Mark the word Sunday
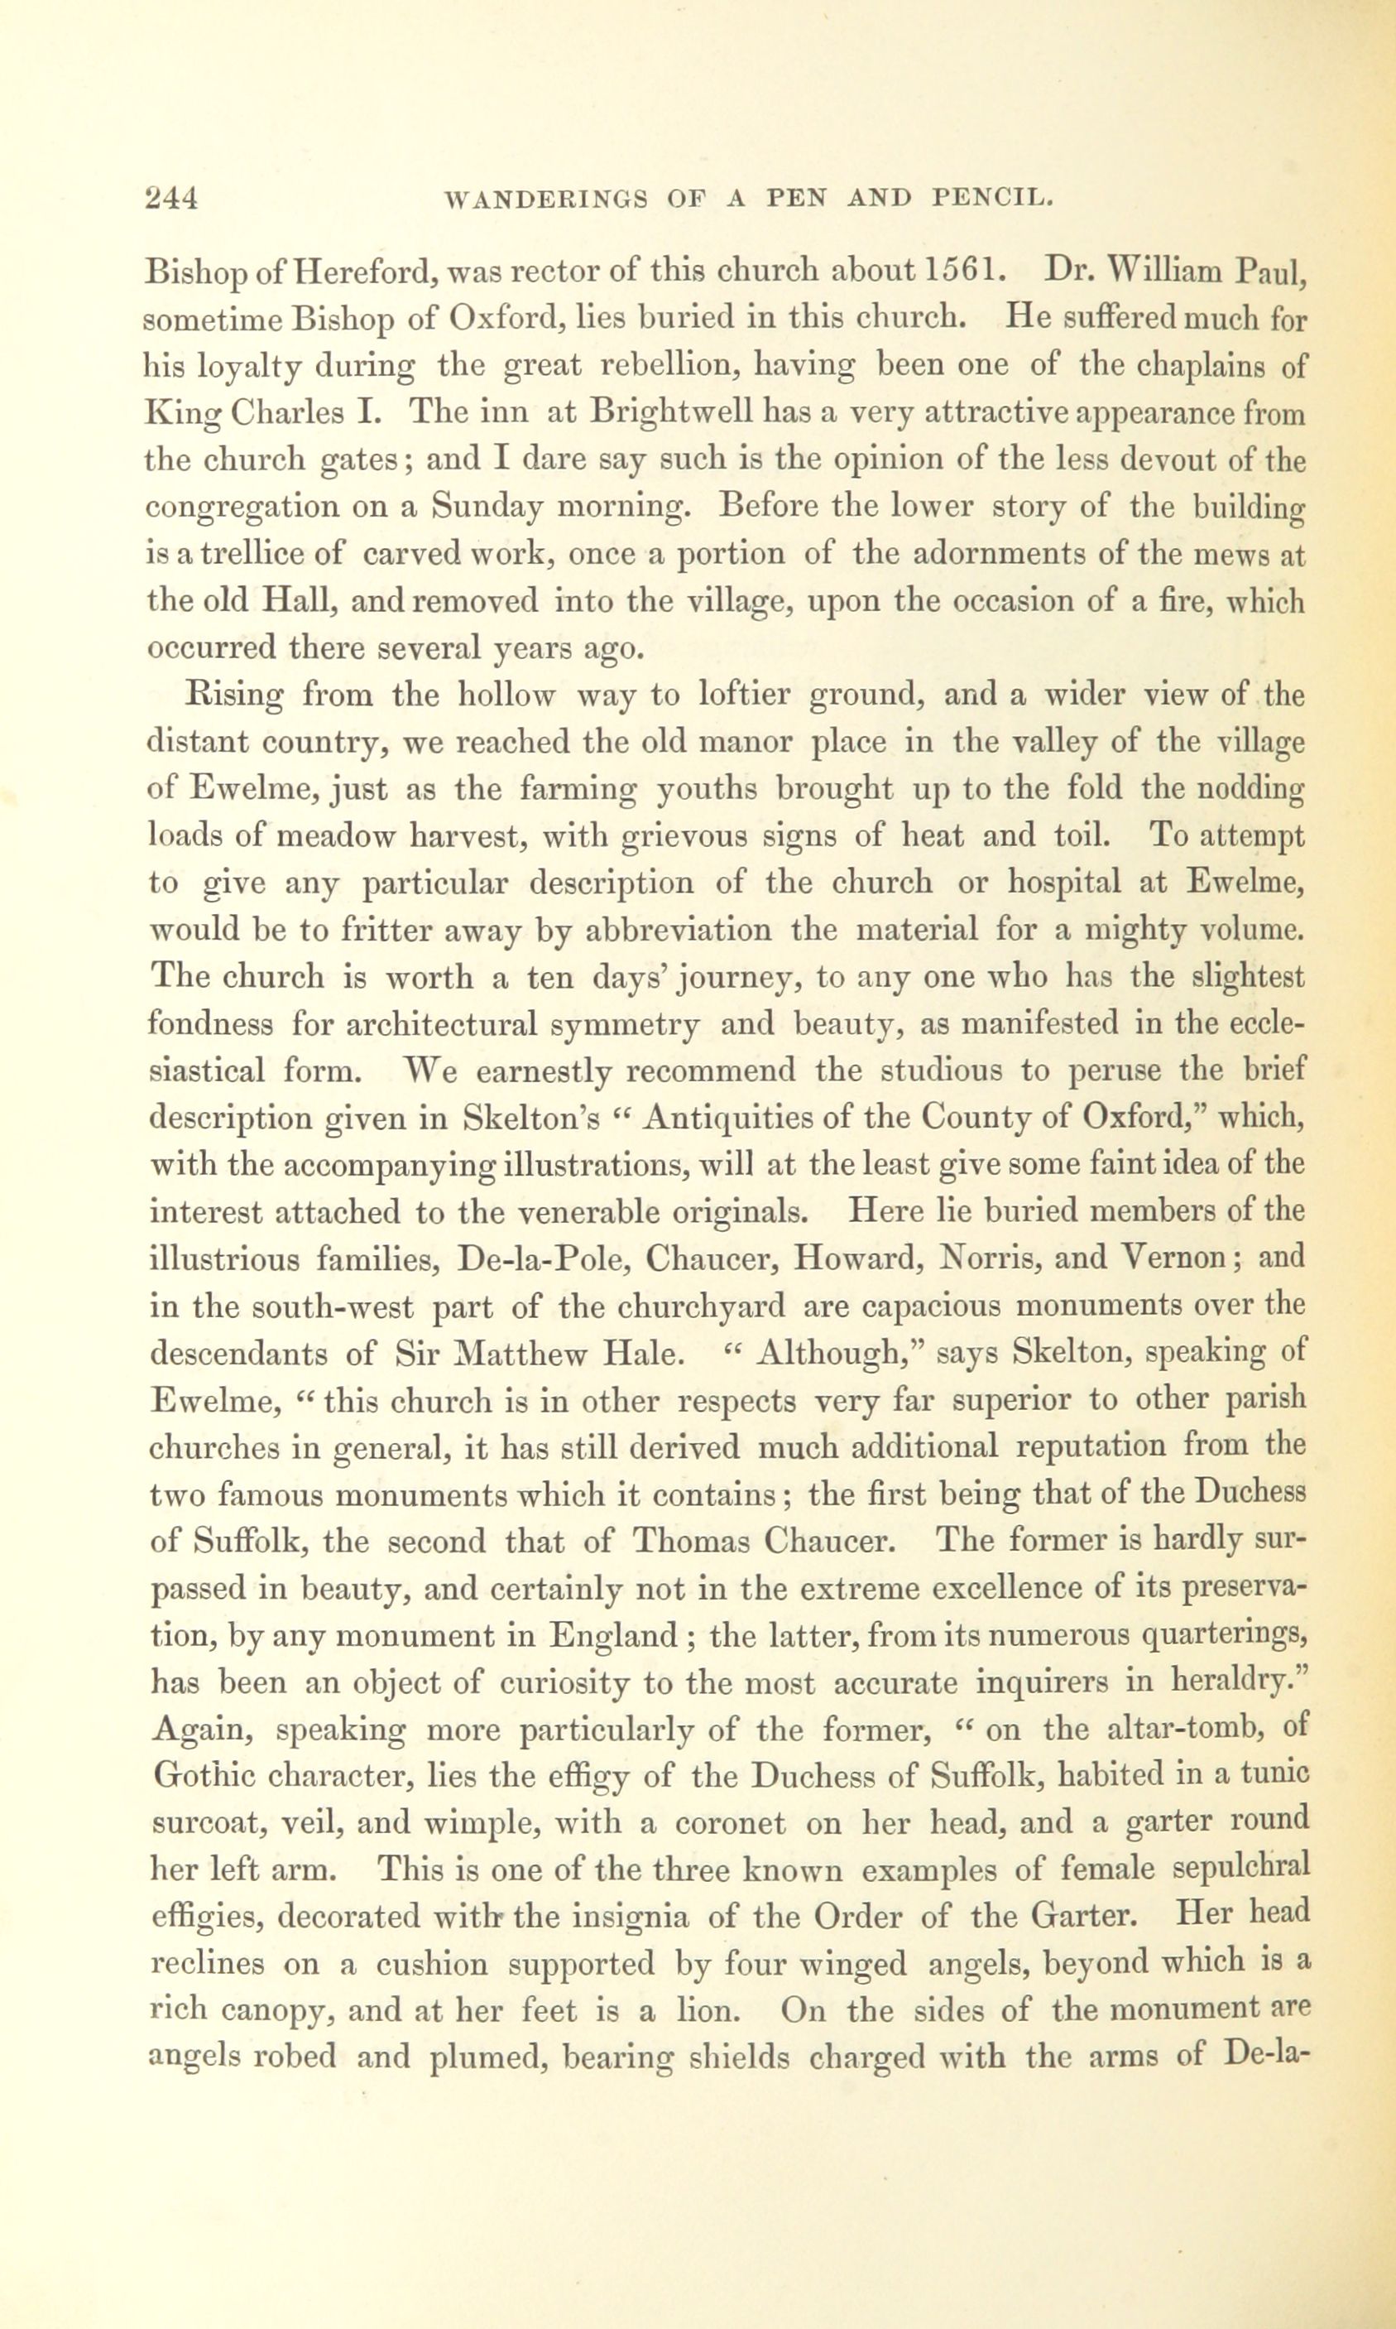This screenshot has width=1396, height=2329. [x=487, y=508]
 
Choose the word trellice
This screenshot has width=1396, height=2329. [x=243, y=554]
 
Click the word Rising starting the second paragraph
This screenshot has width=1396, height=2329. [x=237, y=695]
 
